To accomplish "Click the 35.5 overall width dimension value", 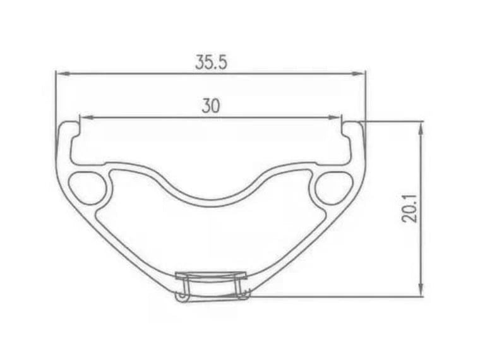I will coord(210,63).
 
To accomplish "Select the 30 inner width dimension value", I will coord(210,106).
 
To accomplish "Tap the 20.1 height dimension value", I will coord(410,207).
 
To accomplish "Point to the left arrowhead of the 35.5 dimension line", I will coord(61,73).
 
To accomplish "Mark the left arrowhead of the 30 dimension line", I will coord(83,117).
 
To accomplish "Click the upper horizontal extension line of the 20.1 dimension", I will coord(392,121).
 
